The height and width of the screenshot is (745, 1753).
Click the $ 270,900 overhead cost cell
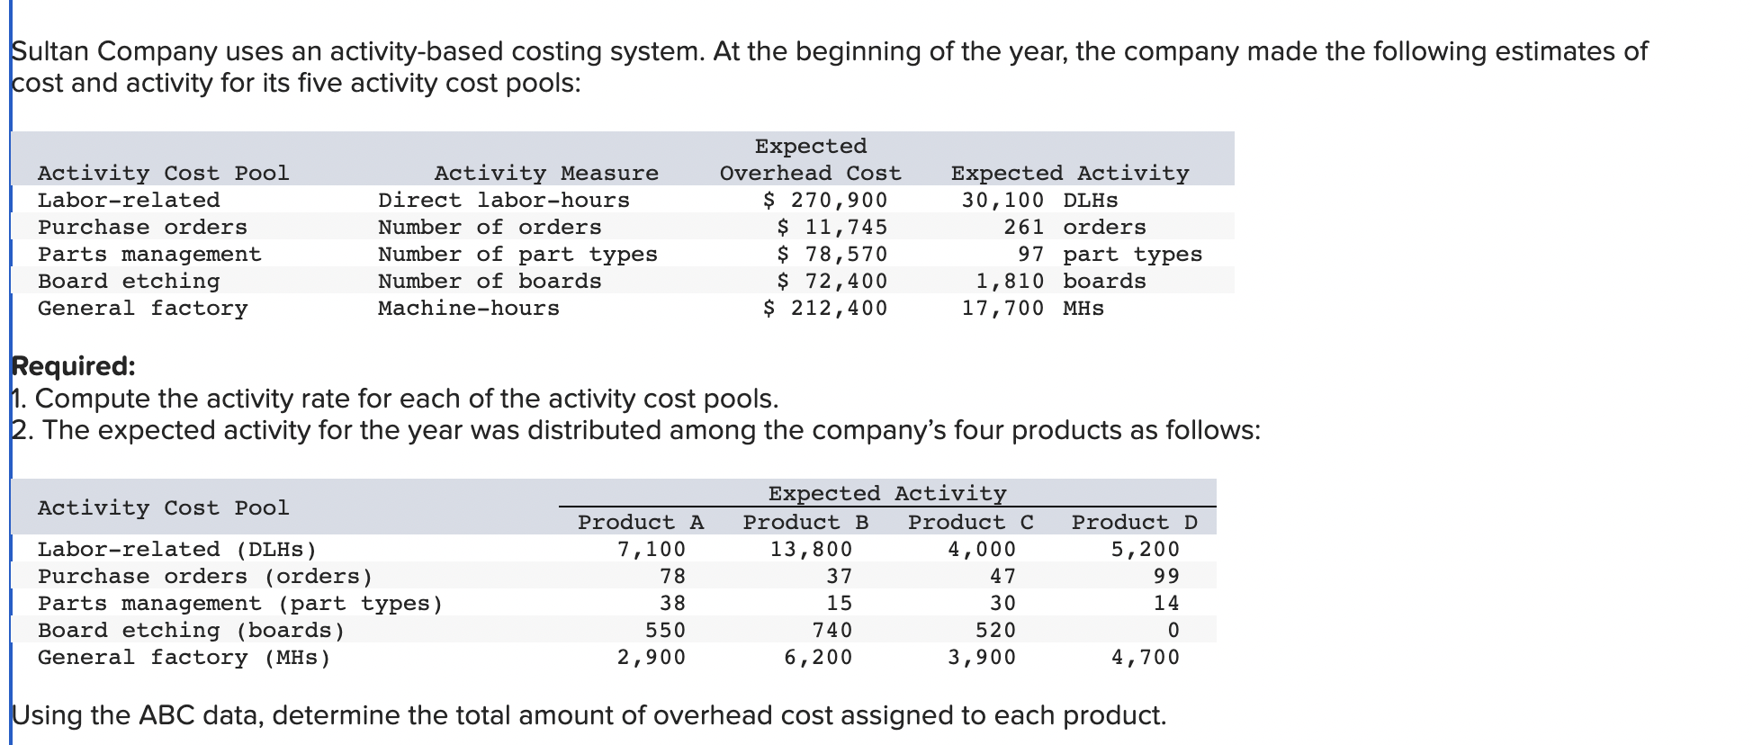824,200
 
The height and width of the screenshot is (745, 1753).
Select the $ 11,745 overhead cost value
832,227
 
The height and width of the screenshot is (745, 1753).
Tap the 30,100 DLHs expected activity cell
1039,200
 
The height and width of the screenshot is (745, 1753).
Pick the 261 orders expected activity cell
1074,227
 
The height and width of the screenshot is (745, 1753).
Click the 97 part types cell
1110,254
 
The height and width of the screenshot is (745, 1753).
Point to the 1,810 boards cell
1061,281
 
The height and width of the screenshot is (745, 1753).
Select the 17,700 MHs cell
1032,308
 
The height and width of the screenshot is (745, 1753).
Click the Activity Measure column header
546,173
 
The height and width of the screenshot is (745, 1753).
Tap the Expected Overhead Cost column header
810,159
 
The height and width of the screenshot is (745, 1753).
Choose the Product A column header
641,522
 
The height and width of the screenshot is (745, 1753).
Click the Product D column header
1134,522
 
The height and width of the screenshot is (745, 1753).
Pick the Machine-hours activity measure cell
468,308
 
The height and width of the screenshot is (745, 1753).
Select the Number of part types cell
517,254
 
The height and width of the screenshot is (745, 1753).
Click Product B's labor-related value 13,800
811,549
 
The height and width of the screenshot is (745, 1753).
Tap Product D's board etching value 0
1173,630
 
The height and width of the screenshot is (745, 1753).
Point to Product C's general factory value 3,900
982,657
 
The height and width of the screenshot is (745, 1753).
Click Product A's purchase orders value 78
672,576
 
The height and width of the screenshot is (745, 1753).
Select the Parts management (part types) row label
240,603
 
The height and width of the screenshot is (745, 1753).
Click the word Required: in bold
73,366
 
